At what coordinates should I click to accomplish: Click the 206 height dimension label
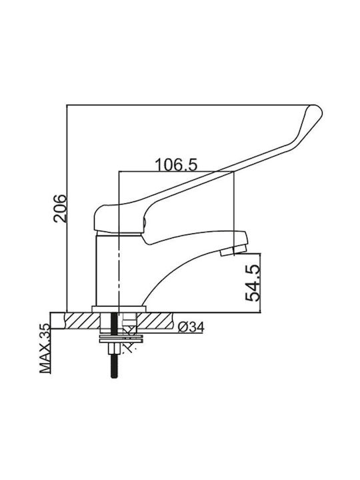pyautogui.click(x=60, y=208)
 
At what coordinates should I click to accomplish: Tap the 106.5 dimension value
pyautogui.click(x=176, y=165)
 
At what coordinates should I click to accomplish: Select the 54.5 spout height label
pyautogui.click(x=253, y=283)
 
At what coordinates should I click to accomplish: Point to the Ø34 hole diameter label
pyautogui.click(x=191, y=327)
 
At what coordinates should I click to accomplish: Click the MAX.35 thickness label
pyautogui.click(x=45, y=348)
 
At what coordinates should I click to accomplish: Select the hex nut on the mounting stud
pyautogui.click(x=114, y=348)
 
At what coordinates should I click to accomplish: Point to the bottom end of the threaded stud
pyautogui.click(x=114, y=377)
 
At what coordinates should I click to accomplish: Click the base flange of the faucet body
pyautogui.click(x=119, y=309)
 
